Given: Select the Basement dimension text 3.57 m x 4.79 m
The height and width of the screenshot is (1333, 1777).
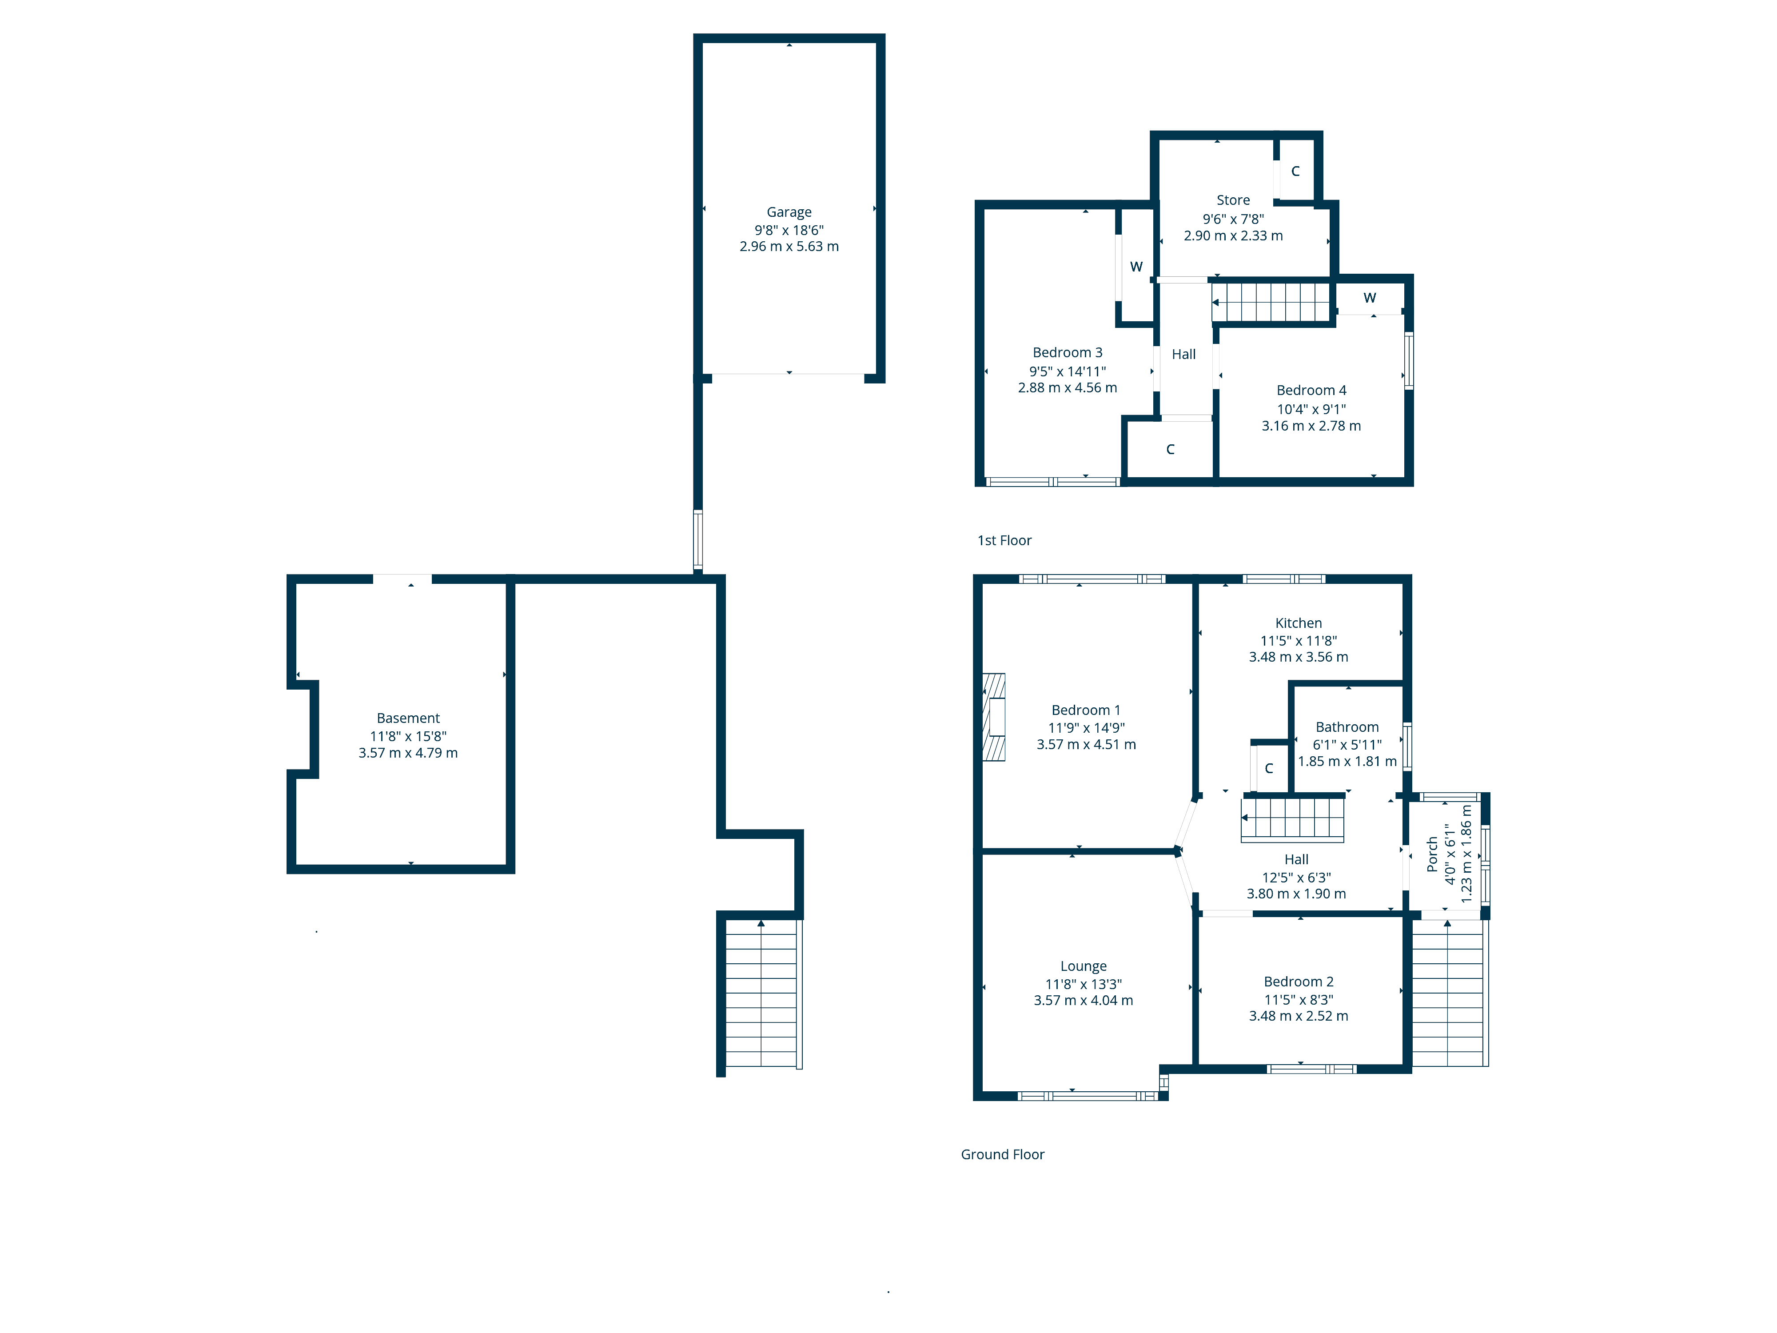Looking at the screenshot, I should [x=408, y=753].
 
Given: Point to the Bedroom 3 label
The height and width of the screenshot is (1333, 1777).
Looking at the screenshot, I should [x=1067, y=353].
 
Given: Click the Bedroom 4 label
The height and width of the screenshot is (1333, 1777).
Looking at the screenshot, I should [x=1311, y=391].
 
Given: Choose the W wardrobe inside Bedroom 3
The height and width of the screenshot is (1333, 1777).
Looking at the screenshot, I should [x=1136, y=267].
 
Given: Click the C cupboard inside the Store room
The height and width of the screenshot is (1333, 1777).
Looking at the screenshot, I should [x=1295, y=171].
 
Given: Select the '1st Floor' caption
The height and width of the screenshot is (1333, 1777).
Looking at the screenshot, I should [x=1004, y=541].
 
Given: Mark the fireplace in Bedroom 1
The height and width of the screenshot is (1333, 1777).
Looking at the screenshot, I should [x=995, y=717].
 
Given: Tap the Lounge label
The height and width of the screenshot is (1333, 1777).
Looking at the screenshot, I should [x=1083, y=966].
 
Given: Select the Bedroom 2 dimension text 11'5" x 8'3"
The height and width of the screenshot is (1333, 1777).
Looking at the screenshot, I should [x=1298, y=1000].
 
